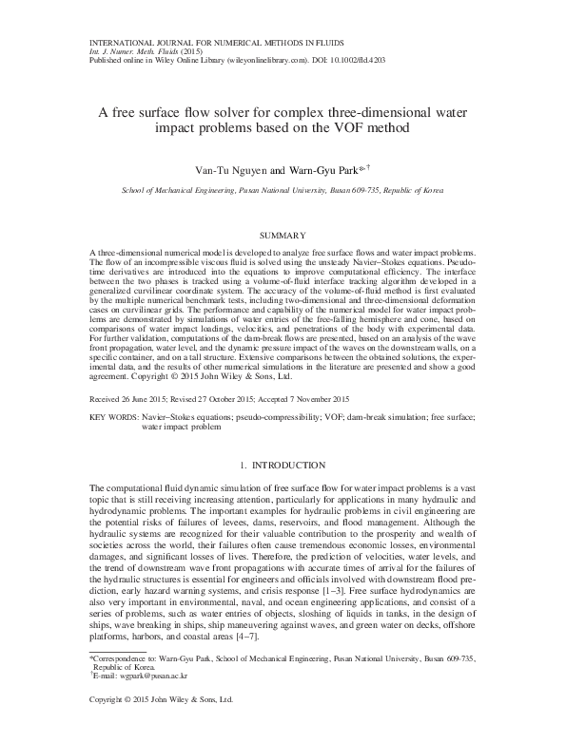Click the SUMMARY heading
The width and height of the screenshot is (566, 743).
(x=282, y=235)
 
